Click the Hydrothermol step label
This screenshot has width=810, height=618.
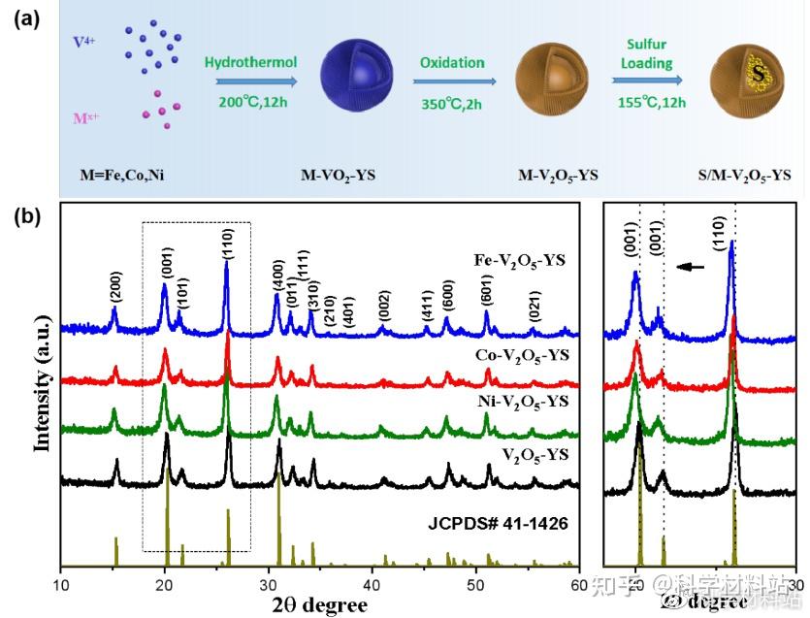(x=250, y=63)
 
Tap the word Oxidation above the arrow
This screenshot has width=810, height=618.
(x=452, y=63)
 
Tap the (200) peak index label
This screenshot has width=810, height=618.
(x=115, y=288)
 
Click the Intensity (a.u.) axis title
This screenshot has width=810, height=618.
(x=42, y=387)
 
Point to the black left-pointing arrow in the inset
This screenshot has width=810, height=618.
(x=690, y=265)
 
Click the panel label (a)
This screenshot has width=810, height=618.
(x=27, y=20)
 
